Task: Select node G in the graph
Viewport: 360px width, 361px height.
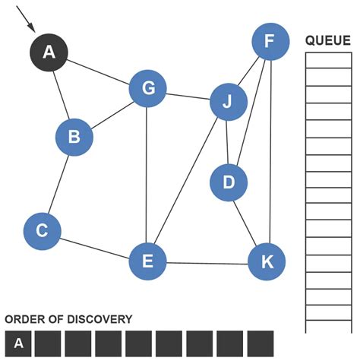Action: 148,88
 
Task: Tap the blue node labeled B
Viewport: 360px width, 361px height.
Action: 74,137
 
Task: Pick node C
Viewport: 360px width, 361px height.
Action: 43,231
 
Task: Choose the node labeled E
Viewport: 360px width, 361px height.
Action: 147,261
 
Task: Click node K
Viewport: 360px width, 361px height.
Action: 267,261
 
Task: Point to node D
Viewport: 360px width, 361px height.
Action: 229,182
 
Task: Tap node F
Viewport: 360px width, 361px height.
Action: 270,42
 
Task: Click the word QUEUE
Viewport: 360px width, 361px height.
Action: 327,40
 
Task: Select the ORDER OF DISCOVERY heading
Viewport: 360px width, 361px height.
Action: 68,320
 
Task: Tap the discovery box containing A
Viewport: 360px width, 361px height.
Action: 18,344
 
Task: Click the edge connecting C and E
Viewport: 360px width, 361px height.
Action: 95,246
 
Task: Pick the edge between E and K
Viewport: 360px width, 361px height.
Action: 207,262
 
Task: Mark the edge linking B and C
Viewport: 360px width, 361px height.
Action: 58,184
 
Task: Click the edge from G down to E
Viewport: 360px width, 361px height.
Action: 147,175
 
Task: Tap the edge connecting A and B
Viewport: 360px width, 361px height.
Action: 61,93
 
